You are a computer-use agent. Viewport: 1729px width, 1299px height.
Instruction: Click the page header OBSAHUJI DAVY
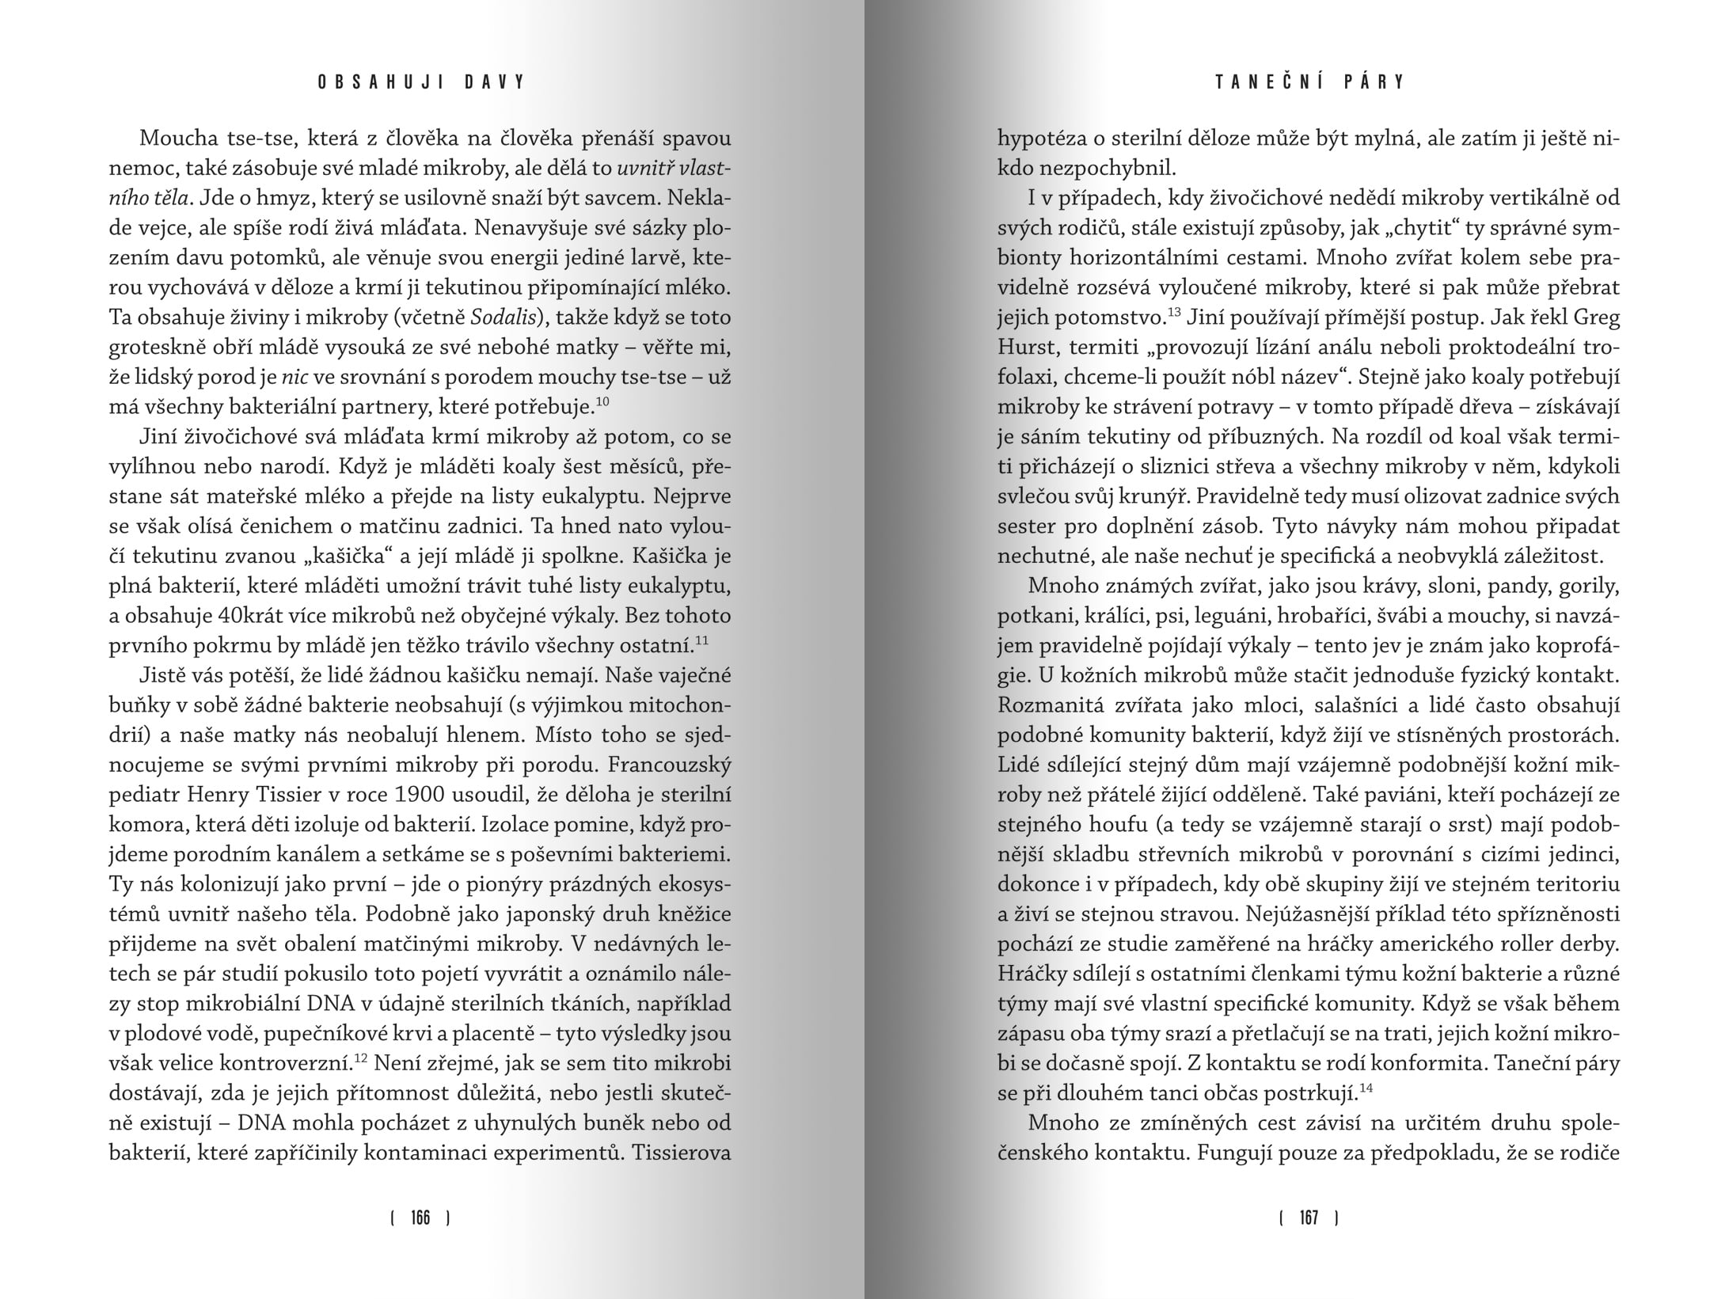click(x=422, y=82)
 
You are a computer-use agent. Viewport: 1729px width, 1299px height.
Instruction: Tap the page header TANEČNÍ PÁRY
click(x=1310, y=82)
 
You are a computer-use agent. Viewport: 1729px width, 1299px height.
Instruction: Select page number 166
click(x=421, y=1218)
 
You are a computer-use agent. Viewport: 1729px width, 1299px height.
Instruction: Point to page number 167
click(x=1309, y=1218)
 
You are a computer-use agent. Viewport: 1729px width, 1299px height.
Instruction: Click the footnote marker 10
click(x=602, y=401)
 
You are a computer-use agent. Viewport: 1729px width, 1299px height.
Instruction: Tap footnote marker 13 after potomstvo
click(x=1174, y=311)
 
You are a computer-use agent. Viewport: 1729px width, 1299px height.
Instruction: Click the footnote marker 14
click(x=1365, y=1087)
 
